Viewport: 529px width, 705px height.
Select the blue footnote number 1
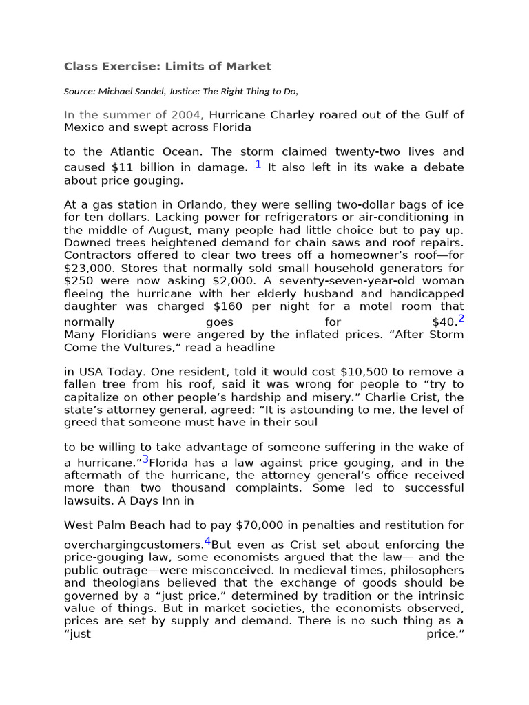(258, 165)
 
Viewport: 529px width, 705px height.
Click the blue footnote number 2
(461, 319)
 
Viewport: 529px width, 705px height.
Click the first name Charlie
(374, 398)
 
